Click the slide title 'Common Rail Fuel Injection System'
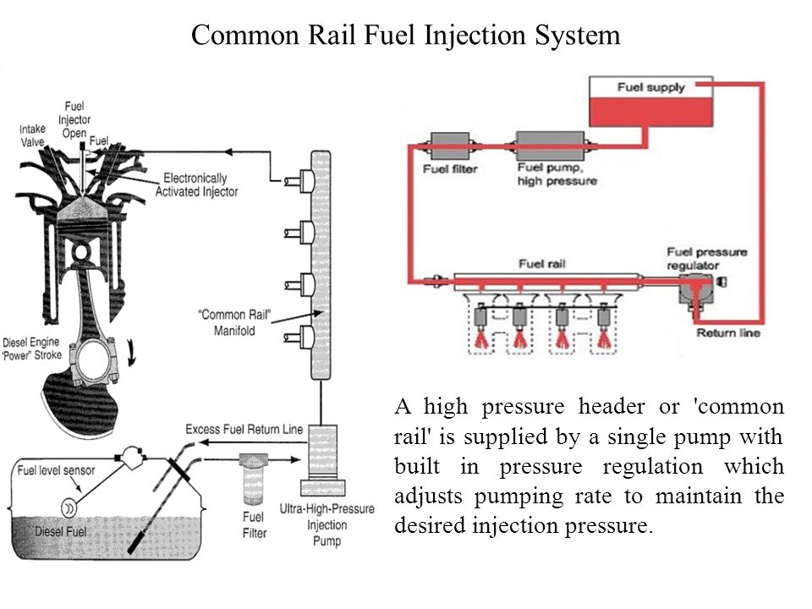(406, 35)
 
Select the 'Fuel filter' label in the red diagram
(450, 169)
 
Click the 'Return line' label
(728, 333)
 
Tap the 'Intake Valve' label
(32, 135)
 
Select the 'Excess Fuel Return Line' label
(244, 430)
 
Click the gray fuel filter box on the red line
(448, 144)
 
